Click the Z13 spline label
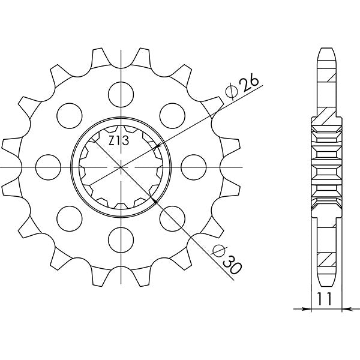tap(118, 142)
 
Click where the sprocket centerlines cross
tap(122, 166)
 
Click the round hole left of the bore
tap(46, 166)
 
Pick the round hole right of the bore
tap(193, 166)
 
